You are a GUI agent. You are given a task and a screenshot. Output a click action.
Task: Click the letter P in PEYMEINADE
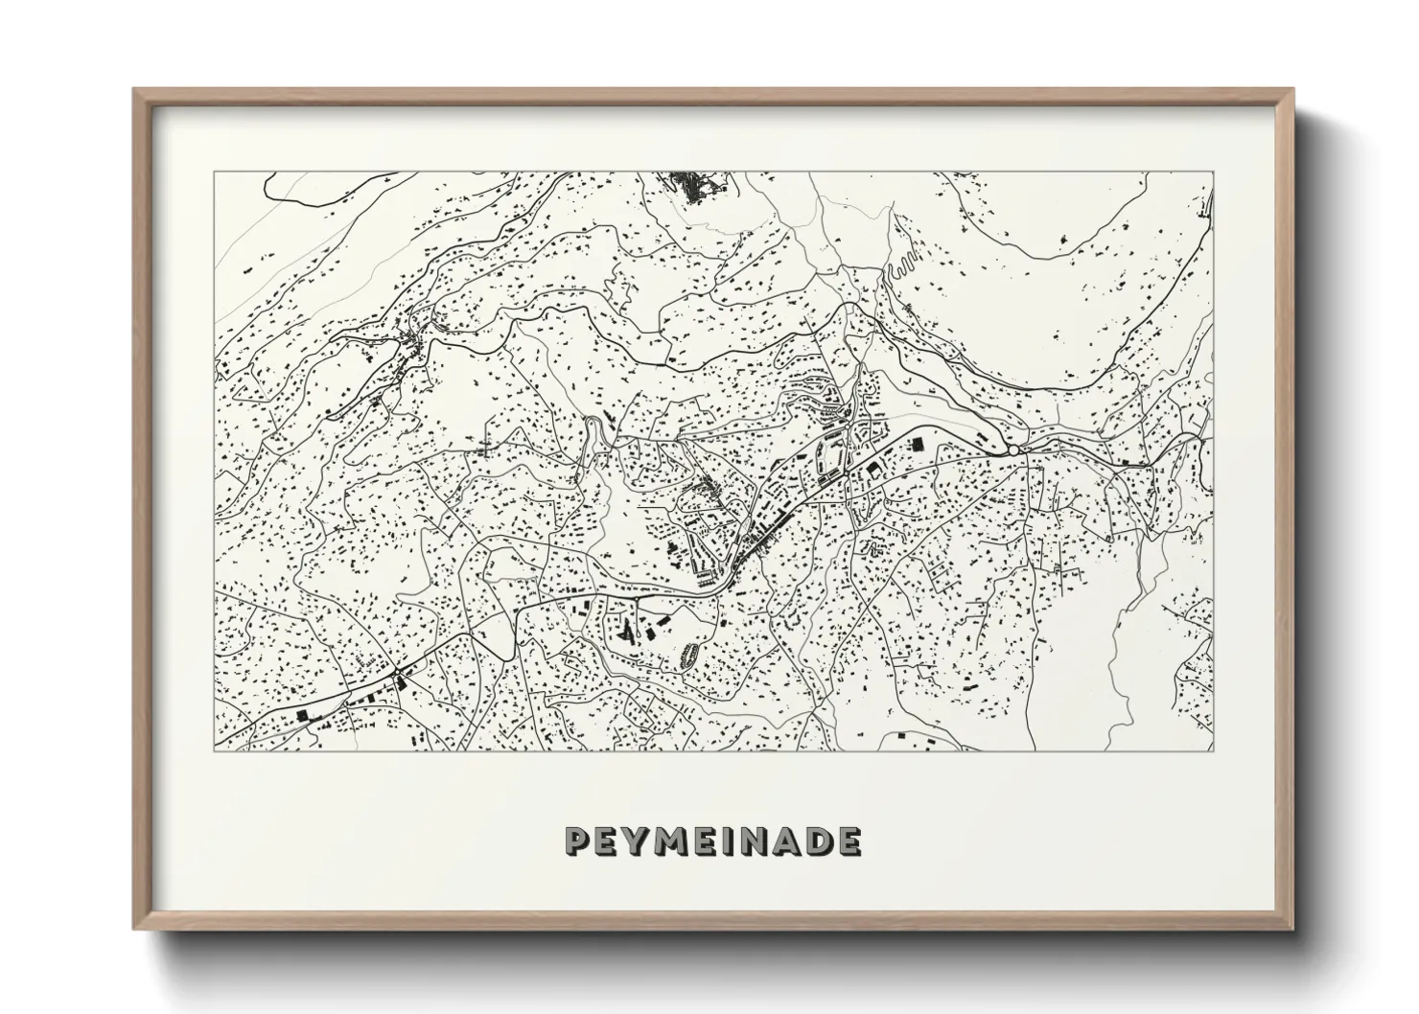click(x=577, y=841)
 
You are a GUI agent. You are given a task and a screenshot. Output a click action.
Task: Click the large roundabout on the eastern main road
click(x=1013, y=449)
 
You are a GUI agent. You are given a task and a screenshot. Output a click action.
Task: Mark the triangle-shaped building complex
click(x=628, y=629)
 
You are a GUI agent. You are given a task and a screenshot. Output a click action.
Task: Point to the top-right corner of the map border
click(x=1214, y=173)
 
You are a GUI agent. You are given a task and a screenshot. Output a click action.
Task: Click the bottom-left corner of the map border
click(x=214, y=750)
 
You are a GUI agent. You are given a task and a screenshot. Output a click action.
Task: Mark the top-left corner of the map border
click(x=214, y=173)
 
